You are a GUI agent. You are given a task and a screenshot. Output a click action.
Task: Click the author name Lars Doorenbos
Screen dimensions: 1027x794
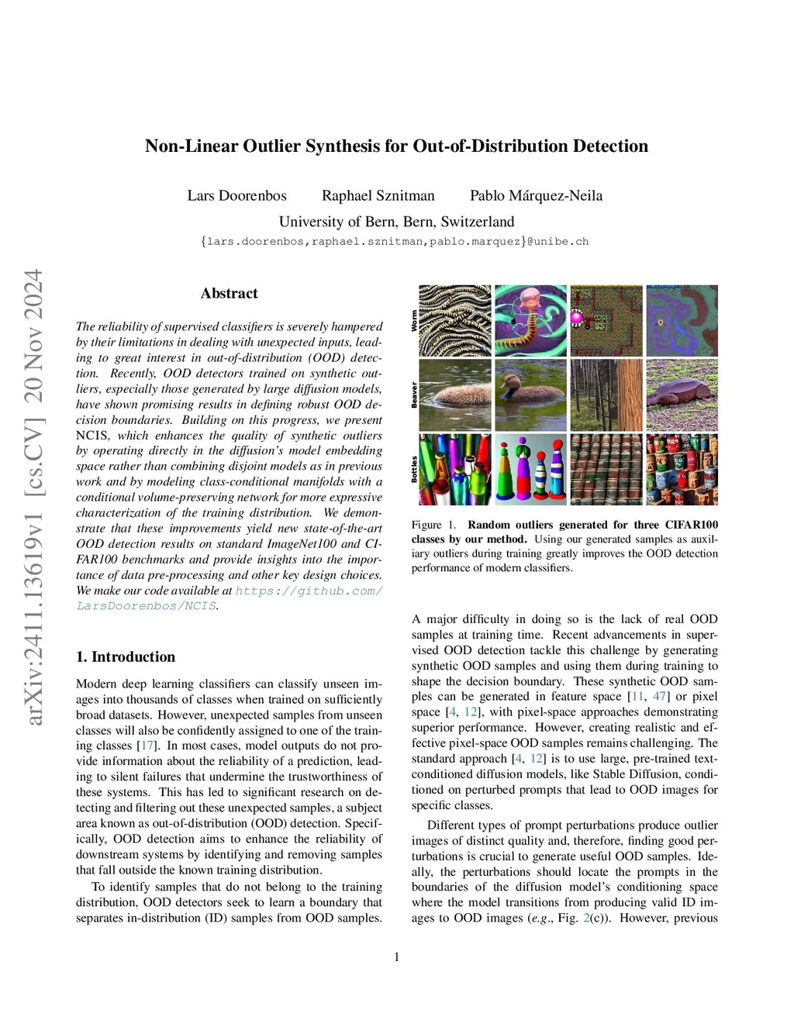236,195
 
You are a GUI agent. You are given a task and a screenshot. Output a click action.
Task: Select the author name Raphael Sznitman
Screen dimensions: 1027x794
378,195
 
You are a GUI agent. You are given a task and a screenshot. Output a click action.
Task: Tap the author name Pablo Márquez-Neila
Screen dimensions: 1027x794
536,195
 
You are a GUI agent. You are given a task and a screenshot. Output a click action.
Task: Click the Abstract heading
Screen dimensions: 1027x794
229,293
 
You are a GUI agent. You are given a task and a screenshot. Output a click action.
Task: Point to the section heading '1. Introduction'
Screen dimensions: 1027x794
126,657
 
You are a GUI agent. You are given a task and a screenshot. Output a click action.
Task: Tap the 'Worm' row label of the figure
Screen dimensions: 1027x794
414,321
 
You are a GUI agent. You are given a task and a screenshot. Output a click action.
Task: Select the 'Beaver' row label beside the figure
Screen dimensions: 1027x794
414,395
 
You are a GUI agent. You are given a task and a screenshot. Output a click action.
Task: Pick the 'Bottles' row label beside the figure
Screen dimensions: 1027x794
414,469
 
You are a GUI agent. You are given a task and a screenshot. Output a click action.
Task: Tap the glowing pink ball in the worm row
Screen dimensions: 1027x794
577,316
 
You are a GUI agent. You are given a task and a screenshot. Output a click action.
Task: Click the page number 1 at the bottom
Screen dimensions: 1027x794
397,957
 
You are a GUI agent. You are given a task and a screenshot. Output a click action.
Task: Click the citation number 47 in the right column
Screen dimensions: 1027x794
659,696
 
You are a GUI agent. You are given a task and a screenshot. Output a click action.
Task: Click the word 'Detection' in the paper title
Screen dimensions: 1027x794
610,146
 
